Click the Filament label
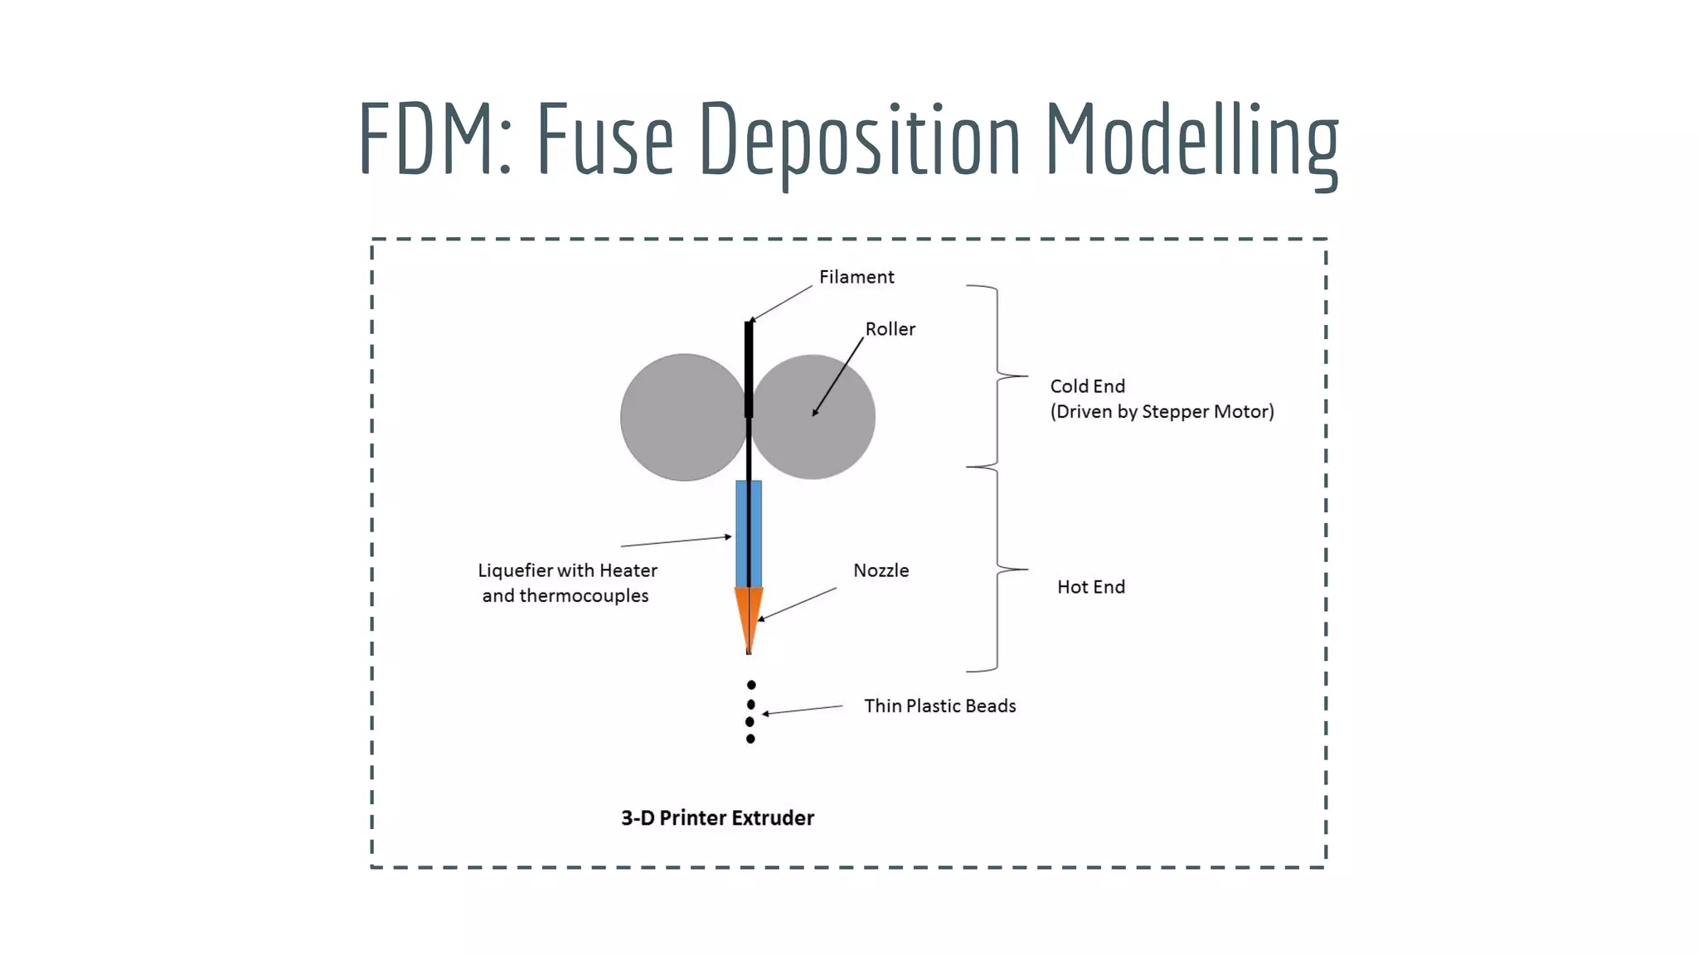856,277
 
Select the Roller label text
890,329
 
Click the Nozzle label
881,570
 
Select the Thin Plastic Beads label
939,705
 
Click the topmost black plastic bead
751,685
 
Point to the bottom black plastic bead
750,739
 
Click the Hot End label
1090,587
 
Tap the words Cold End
1087,386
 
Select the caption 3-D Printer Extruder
717,818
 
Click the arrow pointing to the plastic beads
803,710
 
